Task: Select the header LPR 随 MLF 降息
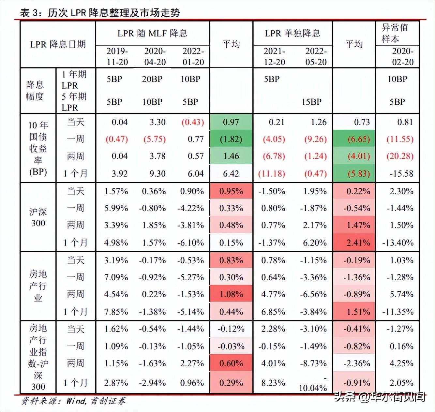152,33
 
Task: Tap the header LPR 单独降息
292,33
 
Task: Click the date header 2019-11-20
117,57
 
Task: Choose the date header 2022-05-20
316,57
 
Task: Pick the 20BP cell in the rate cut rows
152,79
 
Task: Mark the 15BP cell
311,102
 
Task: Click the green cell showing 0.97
231,122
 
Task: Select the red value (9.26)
315,139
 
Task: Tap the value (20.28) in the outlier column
400,156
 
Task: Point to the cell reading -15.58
401,174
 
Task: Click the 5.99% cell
116,208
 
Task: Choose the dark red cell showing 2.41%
358,243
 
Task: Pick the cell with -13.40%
398,243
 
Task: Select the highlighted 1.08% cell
231,294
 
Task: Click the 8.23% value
273,383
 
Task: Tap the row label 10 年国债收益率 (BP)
38,148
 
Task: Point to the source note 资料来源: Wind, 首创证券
73,401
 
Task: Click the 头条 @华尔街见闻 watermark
380,397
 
